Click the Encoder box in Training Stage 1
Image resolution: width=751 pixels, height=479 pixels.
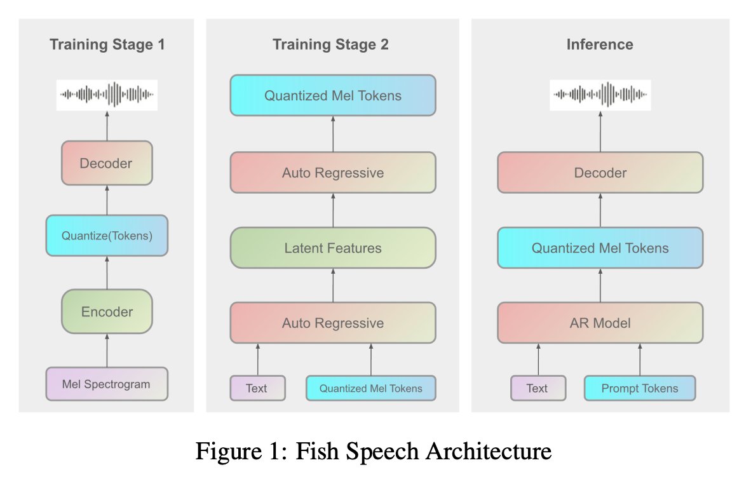pyautogui.click(x=107, y=311)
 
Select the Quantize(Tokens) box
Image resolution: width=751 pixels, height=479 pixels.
pyautogui.click(x=107, y=236)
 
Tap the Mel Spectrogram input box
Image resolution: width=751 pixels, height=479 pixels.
pyautogui.click(x=107, y=384)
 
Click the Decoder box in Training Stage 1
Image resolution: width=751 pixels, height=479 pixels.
pyautogui.click(x=107, y=163)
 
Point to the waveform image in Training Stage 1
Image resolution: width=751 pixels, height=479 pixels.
pyautogui.click(x=107, y=95)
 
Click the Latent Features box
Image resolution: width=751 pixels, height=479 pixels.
pyautogui.click(x=333, y=248)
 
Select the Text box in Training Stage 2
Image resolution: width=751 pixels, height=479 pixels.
pyautogui.click(x=257, y=388)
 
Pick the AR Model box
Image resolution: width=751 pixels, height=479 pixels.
pyautogui.click(x=600, y=323)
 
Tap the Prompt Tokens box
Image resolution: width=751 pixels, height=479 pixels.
pyautogui.click(x=640, y=388)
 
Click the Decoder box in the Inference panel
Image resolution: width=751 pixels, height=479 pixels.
pyautogui.click(x=600, y=172)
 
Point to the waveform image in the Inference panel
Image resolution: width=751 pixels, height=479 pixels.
pyautogui.click(x=600, y=95)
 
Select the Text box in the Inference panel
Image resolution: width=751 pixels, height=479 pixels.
pyautogui.click(x=538, y=388)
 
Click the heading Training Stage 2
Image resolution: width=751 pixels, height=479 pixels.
pyautogui.click(x=330, y=44)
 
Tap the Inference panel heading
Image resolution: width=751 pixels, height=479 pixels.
pyautogui.click(x=600, y=44)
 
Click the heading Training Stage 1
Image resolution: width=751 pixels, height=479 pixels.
pyautogui.click(x=107, y=44)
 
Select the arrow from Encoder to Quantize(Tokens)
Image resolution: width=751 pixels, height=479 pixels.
pyautogui.click(x=107, y=273)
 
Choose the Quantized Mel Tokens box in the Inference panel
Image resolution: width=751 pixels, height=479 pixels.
pyautogui.click(x=600, y=248)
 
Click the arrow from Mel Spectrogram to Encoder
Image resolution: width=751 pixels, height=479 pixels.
pyautogui.click(x=107, y=351)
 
